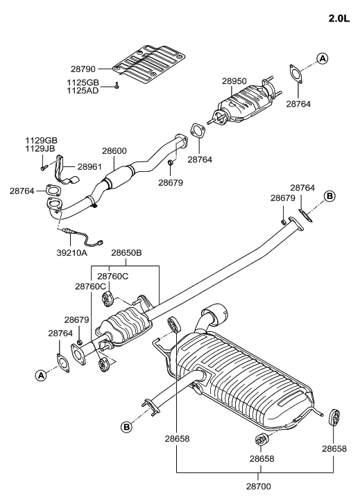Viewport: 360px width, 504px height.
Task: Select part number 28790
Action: (85, 69)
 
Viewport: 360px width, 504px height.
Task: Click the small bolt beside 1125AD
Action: (118, 86)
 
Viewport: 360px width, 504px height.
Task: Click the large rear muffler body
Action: (250, 378)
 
